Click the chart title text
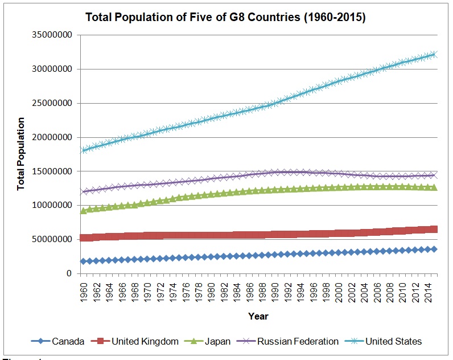coord(225,18)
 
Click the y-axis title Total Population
coord(21,154)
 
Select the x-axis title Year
coord(258,316)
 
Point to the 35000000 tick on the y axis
coord(52,35)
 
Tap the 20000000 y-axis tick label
coord(52,137)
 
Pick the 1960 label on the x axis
coord(84,290)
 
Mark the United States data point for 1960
coord(84,150)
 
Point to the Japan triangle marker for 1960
coord(84,211)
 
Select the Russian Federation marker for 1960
coord(84,191)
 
